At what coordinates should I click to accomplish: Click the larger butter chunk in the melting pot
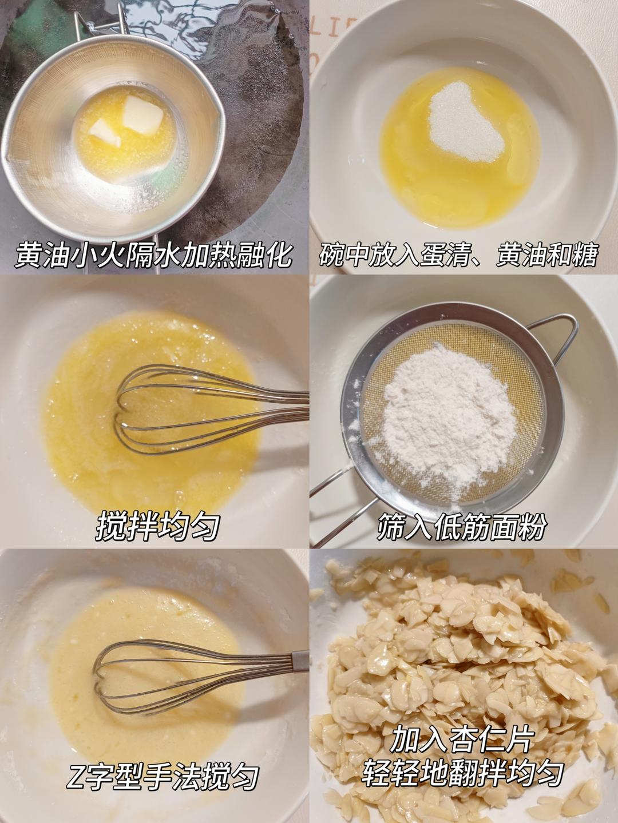143,115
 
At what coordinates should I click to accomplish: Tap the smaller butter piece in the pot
105,134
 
